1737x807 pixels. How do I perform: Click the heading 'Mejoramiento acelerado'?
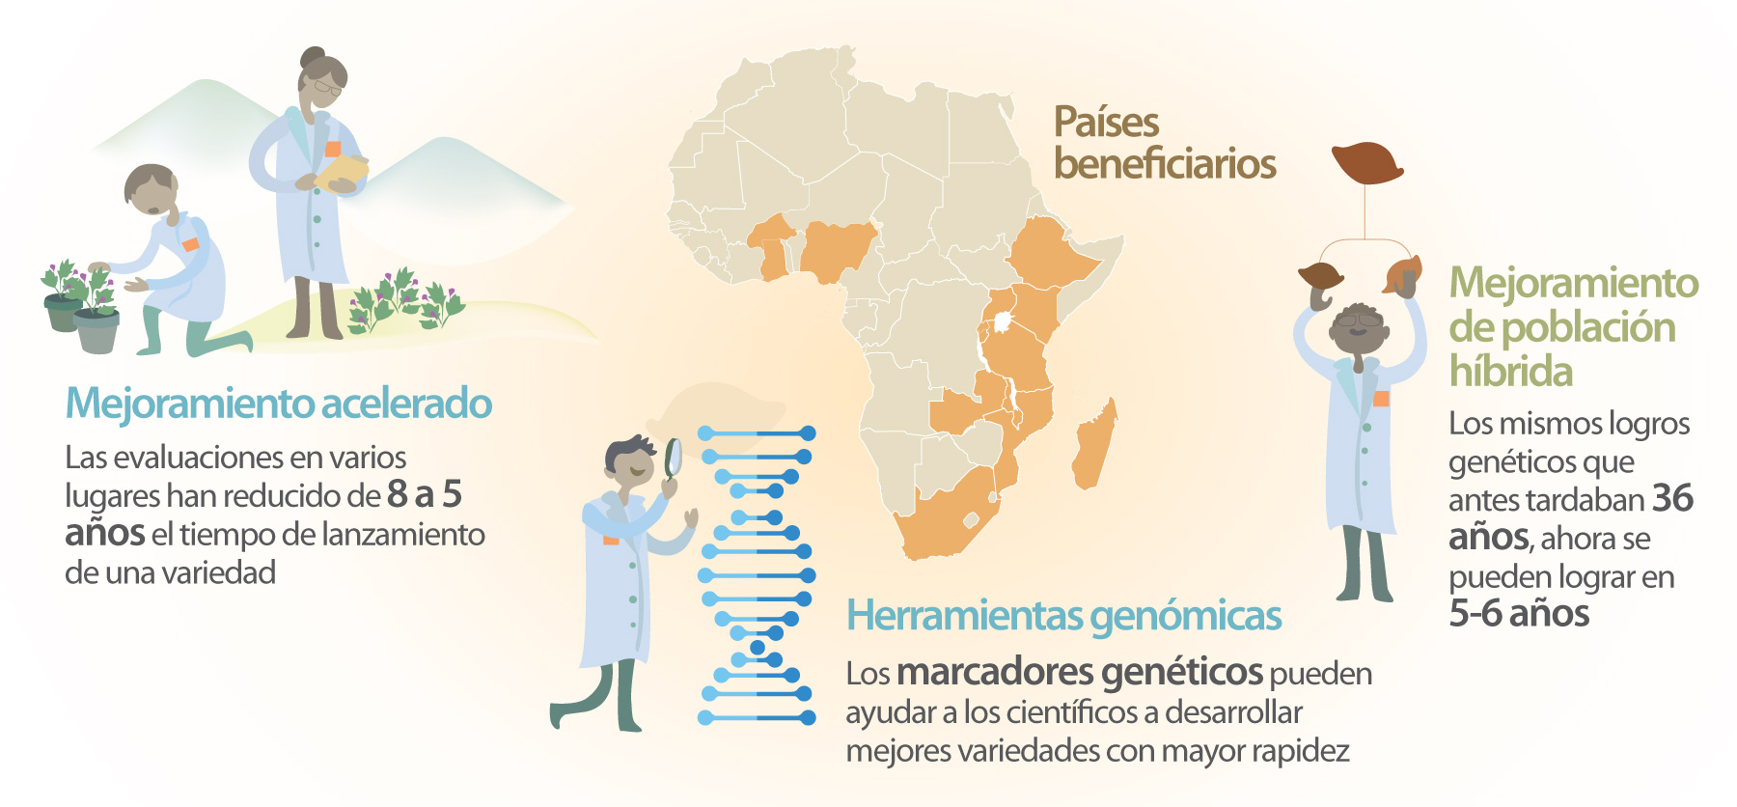tap(279, 403)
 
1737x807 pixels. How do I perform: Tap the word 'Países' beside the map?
tap(1107, 123)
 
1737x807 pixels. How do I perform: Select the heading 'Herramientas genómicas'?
tap(1063, 616)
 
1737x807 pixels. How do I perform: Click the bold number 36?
tap(1673, 498)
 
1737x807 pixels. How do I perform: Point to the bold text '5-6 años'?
tap(1519, 613)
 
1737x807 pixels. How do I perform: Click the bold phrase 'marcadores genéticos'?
tap(1080, 672)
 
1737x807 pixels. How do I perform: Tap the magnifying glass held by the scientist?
tap(674, 458)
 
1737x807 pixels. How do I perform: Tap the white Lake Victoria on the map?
tap(1005, 320)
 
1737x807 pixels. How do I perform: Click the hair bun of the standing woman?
tap(312, 55)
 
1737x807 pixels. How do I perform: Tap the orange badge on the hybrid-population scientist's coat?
tap(1381, 399)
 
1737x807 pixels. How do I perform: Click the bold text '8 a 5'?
tap(425, 494)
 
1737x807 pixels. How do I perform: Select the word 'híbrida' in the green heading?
tap(1511, 372)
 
